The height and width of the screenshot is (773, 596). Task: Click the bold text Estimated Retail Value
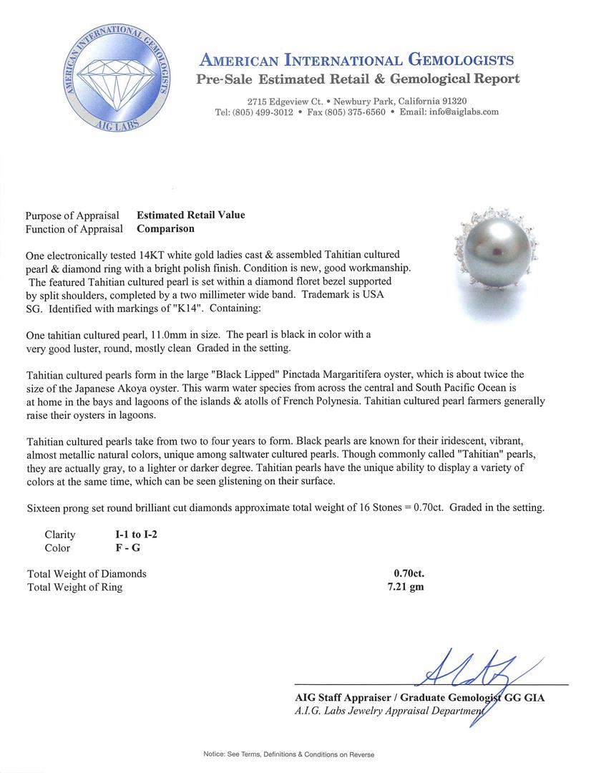click(x=190, y=215)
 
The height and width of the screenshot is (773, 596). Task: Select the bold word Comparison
click(x=165, y=229)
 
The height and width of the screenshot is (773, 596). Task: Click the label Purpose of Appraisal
click(x=74, y=215)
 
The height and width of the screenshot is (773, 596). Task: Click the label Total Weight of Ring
click(x=74, y=588)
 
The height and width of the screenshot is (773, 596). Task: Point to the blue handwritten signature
click(x=470, y=679)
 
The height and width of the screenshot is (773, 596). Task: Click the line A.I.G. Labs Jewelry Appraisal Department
click(x=390, y=711)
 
